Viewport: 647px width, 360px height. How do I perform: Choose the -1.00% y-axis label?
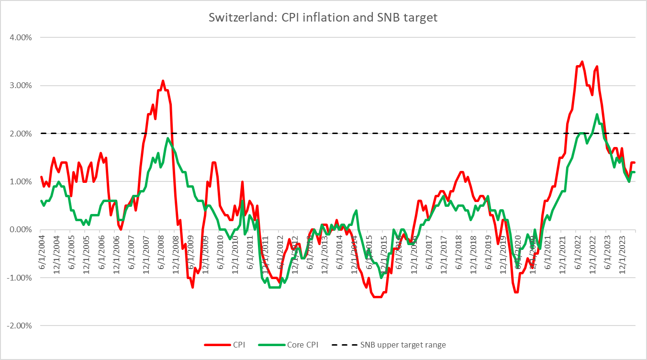[x=19, y=278]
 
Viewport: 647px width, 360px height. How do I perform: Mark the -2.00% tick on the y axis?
[x=19, y=326]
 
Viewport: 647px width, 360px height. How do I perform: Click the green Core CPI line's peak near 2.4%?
[x=597, y=114]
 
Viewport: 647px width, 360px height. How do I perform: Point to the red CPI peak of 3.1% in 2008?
[x=163, y=81]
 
